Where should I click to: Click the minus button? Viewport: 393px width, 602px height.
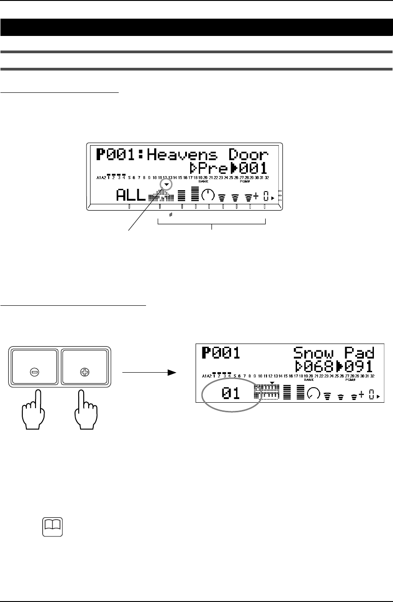35,371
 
